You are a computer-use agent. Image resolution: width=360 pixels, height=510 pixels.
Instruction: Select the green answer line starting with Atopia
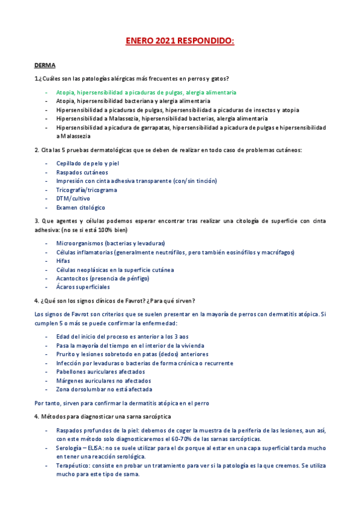[146, 93]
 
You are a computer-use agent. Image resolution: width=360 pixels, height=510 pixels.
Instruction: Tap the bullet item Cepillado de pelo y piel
[88, 163]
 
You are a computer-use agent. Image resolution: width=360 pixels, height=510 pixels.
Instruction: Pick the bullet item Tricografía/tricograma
[87, 189]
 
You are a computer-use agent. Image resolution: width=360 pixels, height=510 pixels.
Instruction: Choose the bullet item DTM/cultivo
[73, 198]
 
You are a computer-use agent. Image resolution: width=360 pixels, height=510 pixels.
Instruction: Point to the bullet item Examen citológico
[80, 207]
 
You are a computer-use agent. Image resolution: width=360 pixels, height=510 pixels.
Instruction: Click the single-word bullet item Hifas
[63, 260]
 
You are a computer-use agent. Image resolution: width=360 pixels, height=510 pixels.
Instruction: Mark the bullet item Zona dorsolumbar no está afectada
[104, 389]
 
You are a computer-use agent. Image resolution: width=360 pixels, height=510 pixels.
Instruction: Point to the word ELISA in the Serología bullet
[93, 447]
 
